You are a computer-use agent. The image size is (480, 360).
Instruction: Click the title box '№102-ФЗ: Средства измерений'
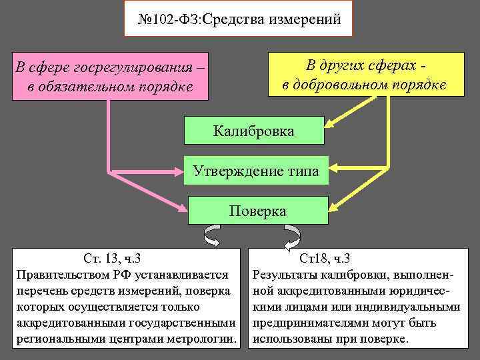(239, 20)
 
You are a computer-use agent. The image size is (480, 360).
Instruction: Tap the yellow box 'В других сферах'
(365, 75)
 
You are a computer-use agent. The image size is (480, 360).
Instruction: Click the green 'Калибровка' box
(253, 131)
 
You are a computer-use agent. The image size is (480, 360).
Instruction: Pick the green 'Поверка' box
(258, 211)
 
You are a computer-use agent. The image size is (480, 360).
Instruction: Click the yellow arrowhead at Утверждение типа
(333, 166)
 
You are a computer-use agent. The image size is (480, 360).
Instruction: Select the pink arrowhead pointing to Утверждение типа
(179, 173)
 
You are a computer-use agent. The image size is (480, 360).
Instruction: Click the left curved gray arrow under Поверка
(213, 235)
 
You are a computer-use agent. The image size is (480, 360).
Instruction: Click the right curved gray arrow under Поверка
(291, 235)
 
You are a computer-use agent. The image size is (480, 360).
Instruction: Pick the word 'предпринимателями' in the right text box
(309, 323)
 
